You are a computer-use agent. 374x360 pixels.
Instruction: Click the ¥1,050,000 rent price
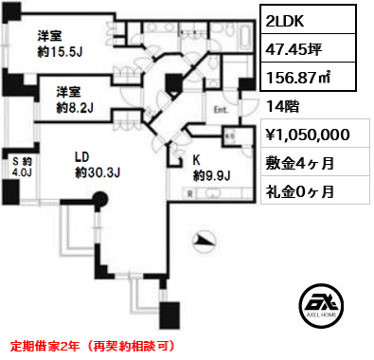pos(311,135)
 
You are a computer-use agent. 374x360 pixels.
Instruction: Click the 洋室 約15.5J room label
pos(59,44)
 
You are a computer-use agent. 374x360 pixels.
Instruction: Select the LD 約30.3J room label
pos(94,166)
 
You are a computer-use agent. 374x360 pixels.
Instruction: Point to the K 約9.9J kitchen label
pos(211,169)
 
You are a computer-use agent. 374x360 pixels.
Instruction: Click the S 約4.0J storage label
pos(21,166)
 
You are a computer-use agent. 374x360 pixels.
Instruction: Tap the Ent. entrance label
pos(221,110)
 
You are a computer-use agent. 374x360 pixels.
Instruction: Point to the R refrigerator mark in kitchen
pos(192,191)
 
